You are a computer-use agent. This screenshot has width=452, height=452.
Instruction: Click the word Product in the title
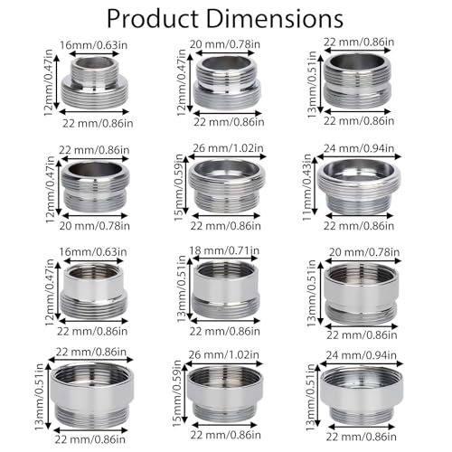153,19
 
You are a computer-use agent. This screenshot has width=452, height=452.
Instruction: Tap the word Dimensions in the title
275,19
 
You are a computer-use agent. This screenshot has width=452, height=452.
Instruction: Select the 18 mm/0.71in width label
224,250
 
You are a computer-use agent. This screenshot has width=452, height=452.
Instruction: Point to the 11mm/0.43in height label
307,187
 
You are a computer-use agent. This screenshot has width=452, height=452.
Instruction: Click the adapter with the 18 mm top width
225,290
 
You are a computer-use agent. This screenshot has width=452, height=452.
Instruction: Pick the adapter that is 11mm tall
359,187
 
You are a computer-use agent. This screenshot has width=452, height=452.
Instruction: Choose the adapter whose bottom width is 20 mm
95,187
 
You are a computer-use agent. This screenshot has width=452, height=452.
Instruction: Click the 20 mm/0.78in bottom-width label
94,226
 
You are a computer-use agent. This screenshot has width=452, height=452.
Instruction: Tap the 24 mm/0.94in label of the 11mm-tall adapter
359,148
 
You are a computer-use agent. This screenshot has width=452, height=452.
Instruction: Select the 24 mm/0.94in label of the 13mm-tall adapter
362,355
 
